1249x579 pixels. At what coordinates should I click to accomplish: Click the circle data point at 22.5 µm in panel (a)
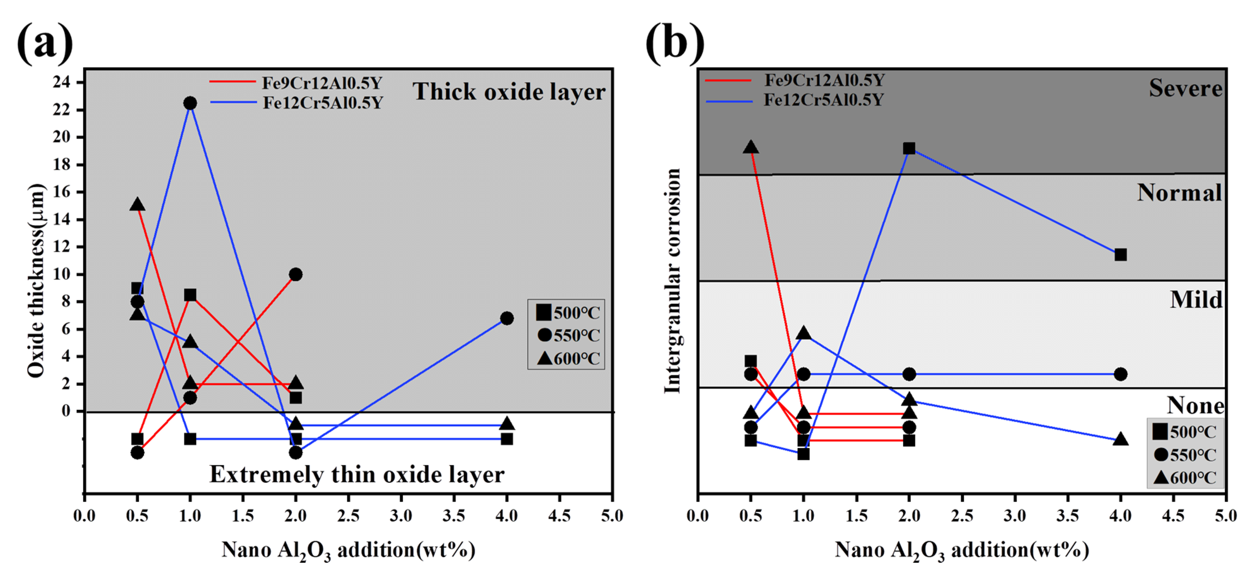[x=190, y=103]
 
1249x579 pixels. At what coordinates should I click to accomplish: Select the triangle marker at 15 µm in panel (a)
[x=137, y=205]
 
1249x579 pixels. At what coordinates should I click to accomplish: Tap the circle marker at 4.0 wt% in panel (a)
[x=507, y=318]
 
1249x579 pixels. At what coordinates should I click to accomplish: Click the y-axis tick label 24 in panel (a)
[x=62, y=82]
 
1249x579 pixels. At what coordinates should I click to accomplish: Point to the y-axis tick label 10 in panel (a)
[x=62, y=274]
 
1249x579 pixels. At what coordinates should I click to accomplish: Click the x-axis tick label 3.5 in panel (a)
[x=454, y=515]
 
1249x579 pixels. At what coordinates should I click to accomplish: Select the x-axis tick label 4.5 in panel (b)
[x=1173, y=515]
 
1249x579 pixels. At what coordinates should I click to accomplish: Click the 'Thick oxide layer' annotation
[x=509, y=92]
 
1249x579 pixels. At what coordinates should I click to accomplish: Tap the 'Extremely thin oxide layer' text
[x=357, y=474]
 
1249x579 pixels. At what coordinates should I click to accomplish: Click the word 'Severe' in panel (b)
[x=1185, y=88]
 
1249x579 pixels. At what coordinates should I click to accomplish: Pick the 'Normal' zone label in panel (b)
[x=1179, y=193]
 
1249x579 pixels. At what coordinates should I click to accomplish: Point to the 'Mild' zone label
[x=1196, y=300]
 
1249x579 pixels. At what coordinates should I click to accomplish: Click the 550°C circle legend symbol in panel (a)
[x=544, y=335]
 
